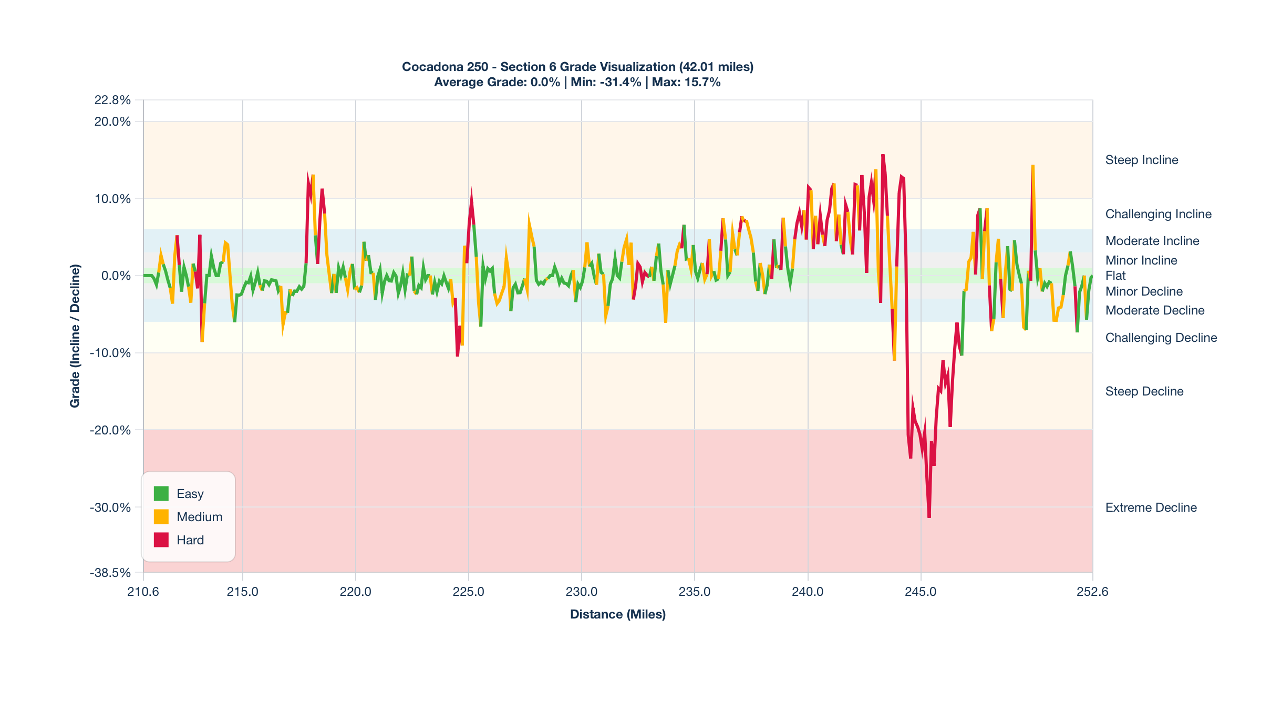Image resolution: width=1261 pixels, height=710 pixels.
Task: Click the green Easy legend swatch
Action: pos(161,493)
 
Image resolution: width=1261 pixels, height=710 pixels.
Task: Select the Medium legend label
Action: pos(199,517)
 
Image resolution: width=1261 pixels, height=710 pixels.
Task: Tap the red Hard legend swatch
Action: pos(161,540)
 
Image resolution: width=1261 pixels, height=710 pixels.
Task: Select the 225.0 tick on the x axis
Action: pos(468,592)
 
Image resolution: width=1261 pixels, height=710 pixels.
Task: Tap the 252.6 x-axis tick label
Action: pos(1092,592)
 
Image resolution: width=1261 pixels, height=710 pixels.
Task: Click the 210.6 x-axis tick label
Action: pos(143,592)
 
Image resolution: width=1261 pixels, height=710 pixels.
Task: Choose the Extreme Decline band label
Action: pos(1151,508)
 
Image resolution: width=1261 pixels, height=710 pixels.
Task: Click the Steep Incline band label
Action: pos(1141,160)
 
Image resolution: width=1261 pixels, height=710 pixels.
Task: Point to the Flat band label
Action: pos(1115,276)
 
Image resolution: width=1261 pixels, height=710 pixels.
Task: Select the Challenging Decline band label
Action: pos(1161,338)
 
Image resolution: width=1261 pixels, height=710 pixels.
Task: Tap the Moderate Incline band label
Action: pos(1152,241)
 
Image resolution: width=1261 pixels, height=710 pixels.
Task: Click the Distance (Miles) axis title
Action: pos(617,614)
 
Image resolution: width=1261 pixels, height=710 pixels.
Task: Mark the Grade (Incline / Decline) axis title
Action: pos(75,336)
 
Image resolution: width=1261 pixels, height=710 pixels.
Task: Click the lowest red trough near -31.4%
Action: pos(929,517)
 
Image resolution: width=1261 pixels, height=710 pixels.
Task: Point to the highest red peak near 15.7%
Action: pos(883,155)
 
